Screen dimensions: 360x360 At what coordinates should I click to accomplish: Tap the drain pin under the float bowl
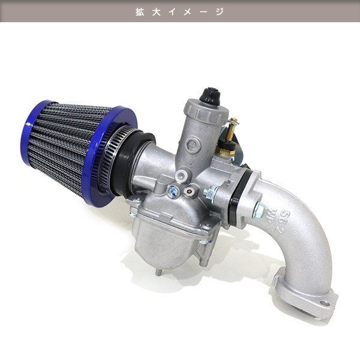[x=158, y=272]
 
